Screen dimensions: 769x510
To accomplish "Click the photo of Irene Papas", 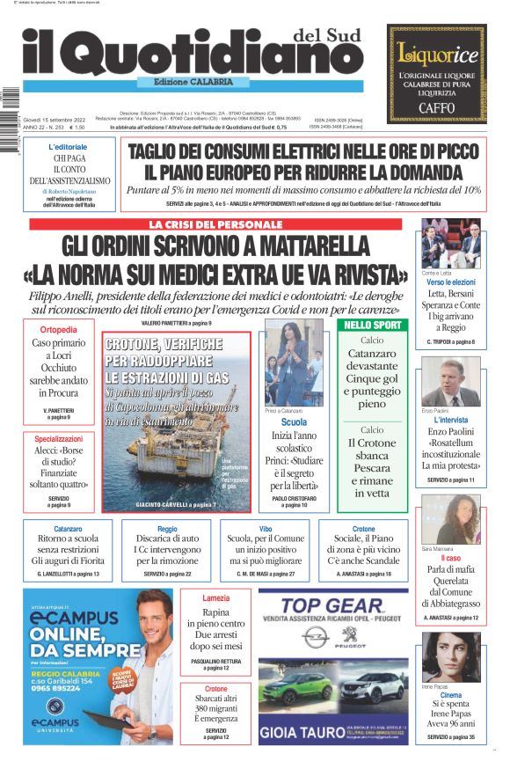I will coord(450,655).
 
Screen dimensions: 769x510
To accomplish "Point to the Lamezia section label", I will coord(215,598).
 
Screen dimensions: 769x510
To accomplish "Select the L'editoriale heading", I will coord(68,146).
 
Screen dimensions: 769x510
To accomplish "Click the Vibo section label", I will coord(265,529).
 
